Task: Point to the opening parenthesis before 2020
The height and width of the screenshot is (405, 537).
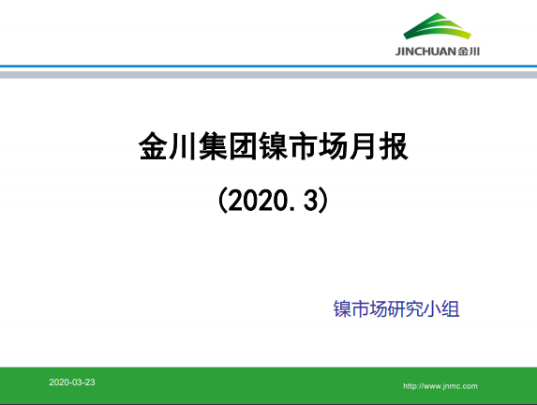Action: click(x=221, y=200)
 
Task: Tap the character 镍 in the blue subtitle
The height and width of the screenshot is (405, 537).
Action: click(x=342, y=309)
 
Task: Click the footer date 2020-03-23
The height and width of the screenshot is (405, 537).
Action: click(x=72, y=383)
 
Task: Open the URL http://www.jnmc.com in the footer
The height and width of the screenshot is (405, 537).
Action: click(x=440, y=385)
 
